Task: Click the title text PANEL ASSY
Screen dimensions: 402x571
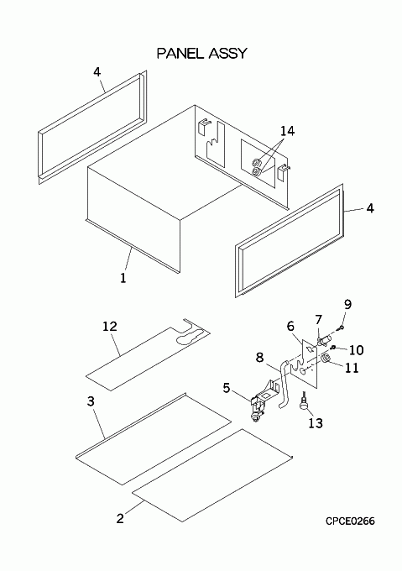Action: click(x=201, y=54)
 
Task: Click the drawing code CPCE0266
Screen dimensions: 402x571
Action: click(x=350, y=521)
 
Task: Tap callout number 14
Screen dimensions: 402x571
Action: click(x=287, y=131)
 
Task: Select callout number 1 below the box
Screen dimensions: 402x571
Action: click(x=123, y=278)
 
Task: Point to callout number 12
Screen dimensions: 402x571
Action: click(x=109, y=326)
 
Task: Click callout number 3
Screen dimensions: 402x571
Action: click(x=91, y=401)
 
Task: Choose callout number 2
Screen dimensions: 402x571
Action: click(x=120, y=518)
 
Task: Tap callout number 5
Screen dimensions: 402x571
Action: click(x=227, y=388)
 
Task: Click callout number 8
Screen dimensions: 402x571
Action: click(x=259, y=358)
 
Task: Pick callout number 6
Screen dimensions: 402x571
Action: click(x=290, y=327)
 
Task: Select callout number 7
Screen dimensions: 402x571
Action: click(x=319, y=320)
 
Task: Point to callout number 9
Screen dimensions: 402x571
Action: click(x=347, y=304)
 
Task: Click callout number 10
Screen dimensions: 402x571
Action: click(x=356, y=350)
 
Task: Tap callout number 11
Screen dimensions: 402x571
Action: click(x=352, y=368)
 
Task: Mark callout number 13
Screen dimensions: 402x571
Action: click(x=316, y=423)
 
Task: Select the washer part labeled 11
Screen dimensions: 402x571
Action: click(x=326, y=359)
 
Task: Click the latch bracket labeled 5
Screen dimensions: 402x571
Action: click(x=263, y=401)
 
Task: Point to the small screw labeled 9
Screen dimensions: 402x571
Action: click(x=341, y=328)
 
